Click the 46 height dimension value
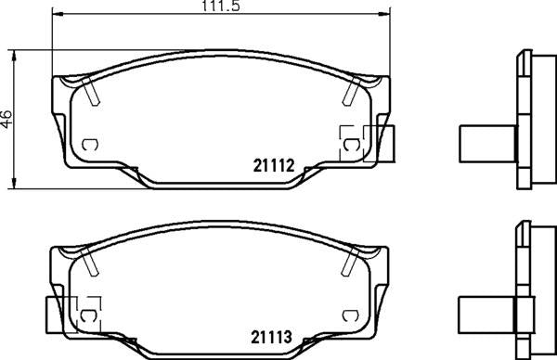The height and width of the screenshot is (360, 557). coord(7,119)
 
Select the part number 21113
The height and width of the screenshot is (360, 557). coord(273,339)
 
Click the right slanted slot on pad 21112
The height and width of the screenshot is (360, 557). coord(351,91)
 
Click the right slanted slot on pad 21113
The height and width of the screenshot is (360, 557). coord(351,264)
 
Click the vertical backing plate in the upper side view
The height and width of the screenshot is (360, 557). coord(520,121)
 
